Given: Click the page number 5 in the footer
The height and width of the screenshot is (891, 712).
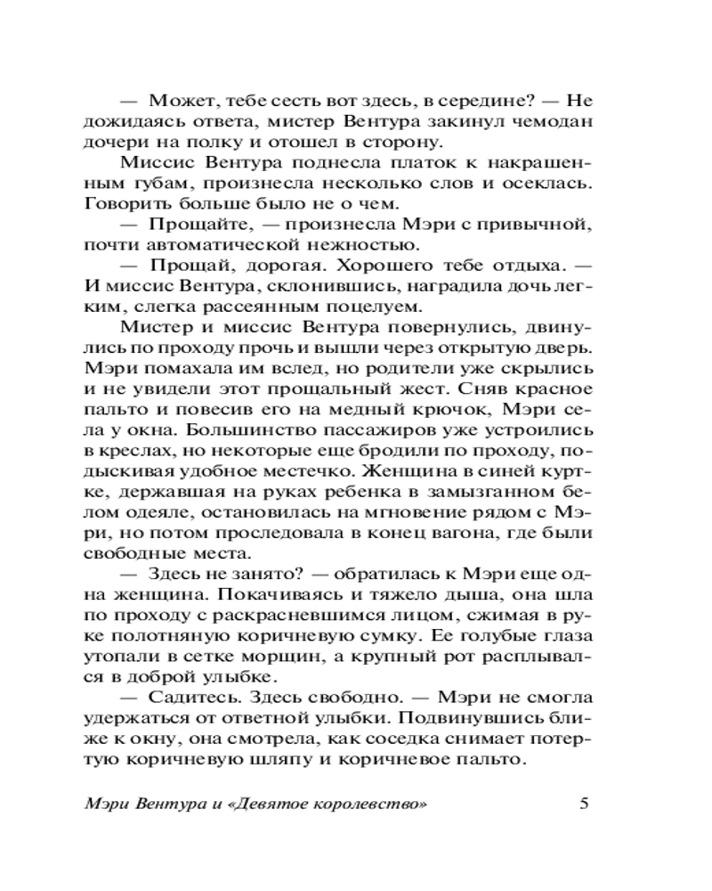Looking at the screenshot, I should (584, 802).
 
